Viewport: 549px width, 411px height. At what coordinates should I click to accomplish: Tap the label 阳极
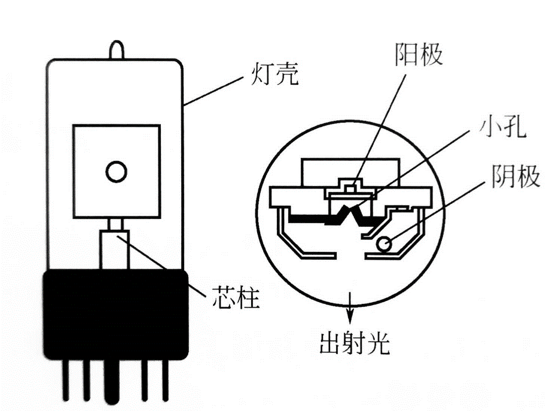(x=419, y=55)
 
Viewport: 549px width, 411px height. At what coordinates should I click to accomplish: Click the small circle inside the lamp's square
(x=116, y=172)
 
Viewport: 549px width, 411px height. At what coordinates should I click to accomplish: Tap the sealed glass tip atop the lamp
(x=117, y=48)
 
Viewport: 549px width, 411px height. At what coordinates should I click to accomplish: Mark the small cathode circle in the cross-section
(x=383, y=243)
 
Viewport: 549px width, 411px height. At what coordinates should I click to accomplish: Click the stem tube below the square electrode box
(x=115, y=248)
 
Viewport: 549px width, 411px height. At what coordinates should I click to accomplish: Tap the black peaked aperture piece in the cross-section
(x=350, y=211)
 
